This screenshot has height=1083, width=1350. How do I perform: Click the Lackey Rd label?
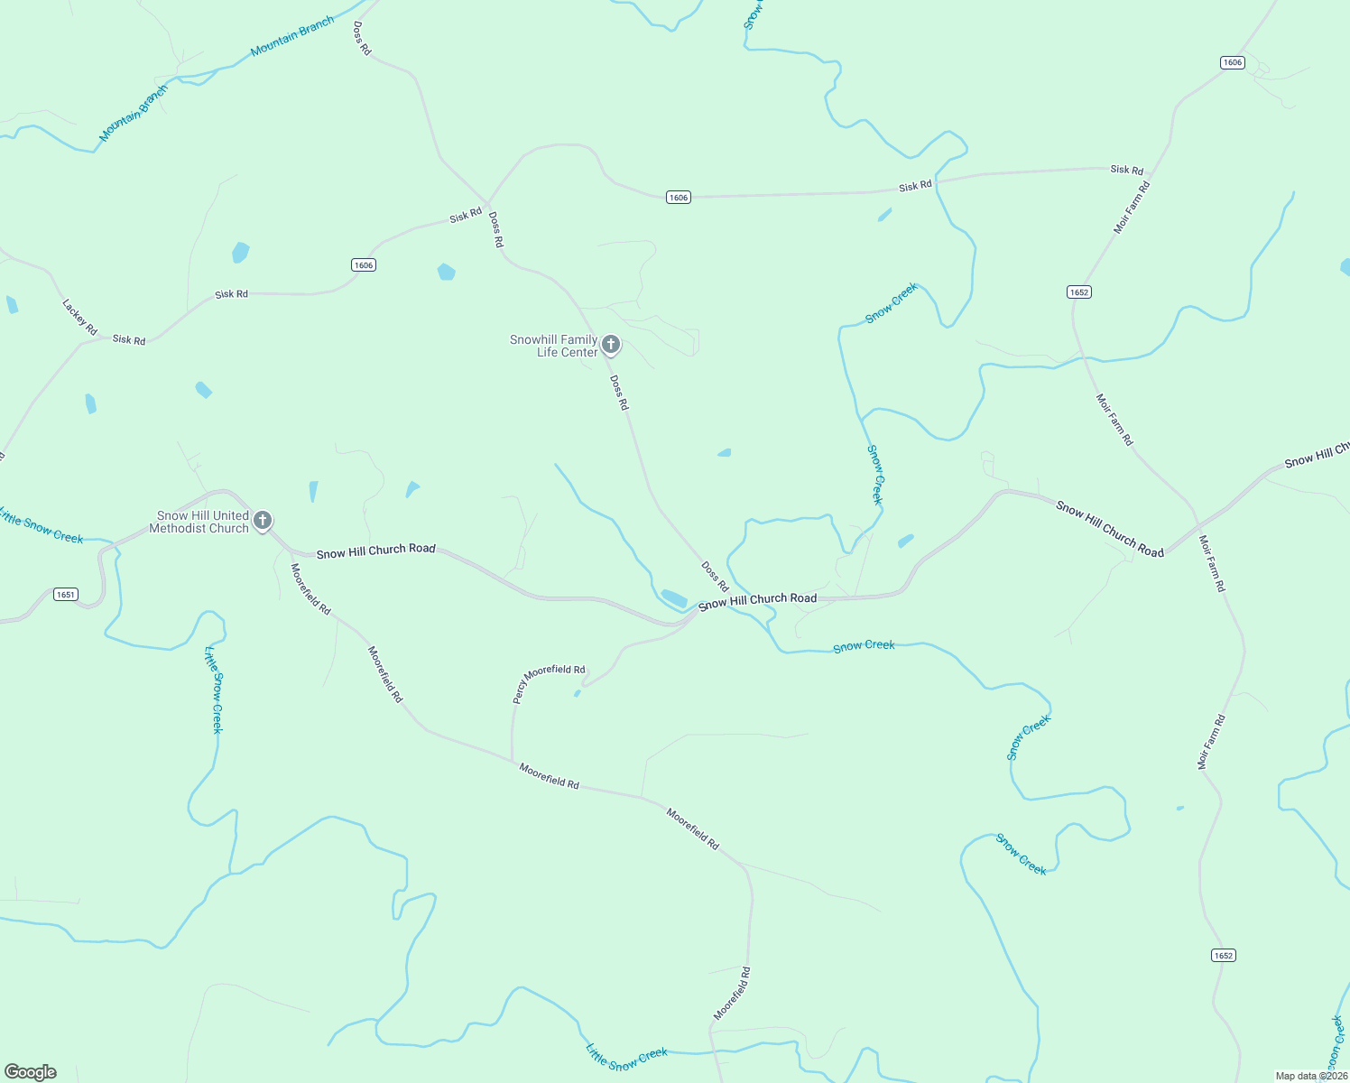tap(79, 317)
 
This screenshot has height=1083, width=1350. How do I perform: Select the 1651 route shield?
tap(66, 594)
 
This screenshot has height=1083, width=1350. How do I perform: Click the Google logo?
tap(31, 1072)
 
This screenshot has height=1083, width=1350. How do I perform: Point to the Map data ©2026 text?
tap(1310, 1076)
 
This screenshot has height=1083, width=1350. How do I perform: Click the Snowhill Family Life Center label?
tap(554, 346)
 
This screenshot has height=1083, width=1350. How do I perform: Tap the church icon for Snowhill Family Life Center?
tap(611, 344)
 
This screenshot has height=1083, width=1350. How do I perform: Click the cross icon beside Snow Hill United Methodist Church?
tap(263, 520)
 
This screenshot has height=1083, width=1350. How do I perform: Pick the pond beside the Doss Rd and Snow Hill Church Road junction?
tap(673, 597)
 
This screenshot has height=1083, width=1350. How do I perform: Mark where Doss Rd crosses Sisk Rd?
tap(488, 204)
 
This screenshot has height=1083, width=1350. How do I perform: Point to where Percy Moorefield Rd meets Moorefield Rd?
tap(512, 761)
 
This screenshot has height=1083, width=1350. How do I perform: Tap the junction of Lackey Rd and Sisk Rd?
tap(102, 339)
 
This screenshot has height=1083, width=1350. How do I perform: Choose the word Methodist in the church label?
tap(177, 528)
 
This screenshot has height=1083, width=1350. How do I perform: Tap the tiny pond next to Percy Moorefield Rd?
tap(577, 693)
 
